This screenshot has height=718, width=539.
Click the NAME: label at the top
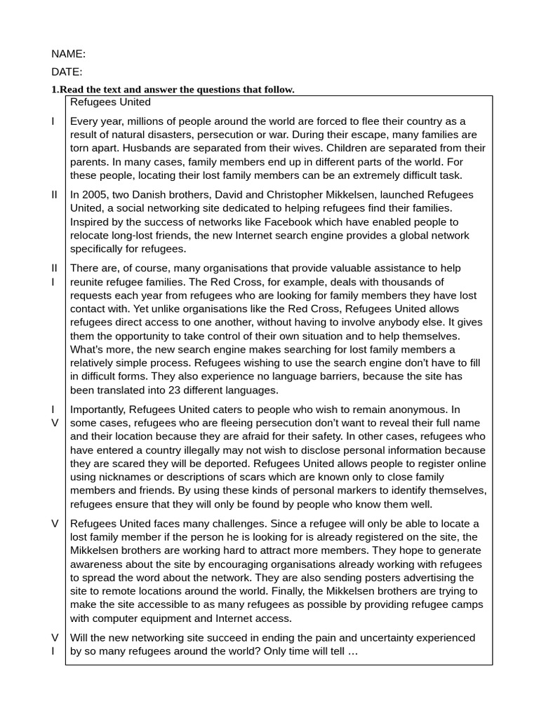point(68,54)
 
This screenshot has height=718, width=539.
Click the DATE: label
point(67,72)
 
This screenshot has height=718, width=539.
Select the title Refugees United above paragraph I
point(110,102)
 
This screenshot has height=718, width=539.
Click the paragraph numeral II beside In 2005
point(54,194)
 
